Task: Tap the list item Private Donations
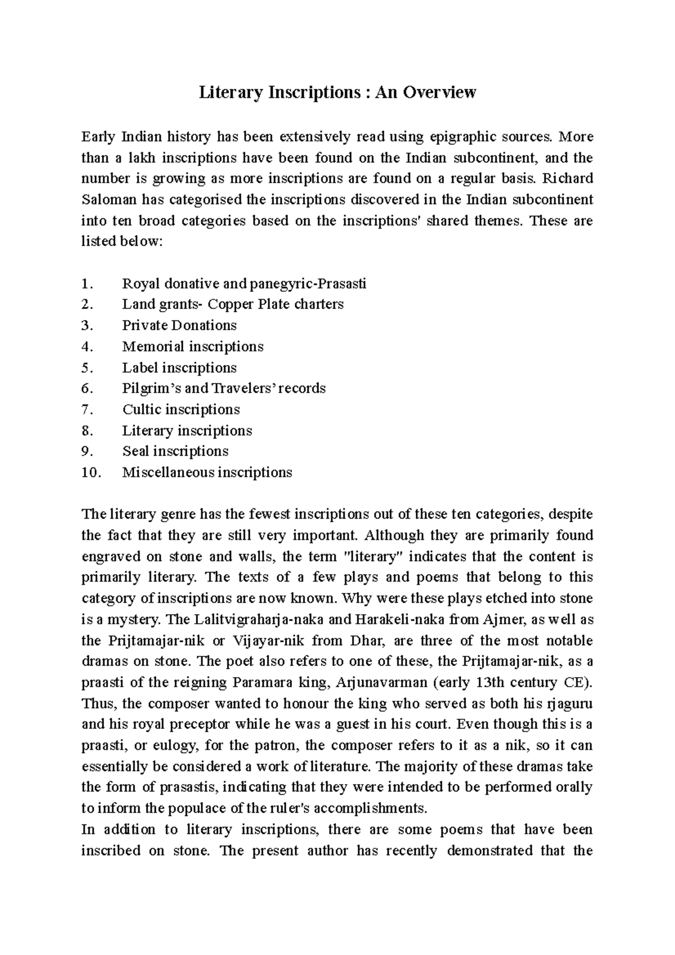179,326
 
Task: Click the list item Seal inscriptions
175,452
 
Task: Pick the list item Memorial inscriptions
193,346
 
